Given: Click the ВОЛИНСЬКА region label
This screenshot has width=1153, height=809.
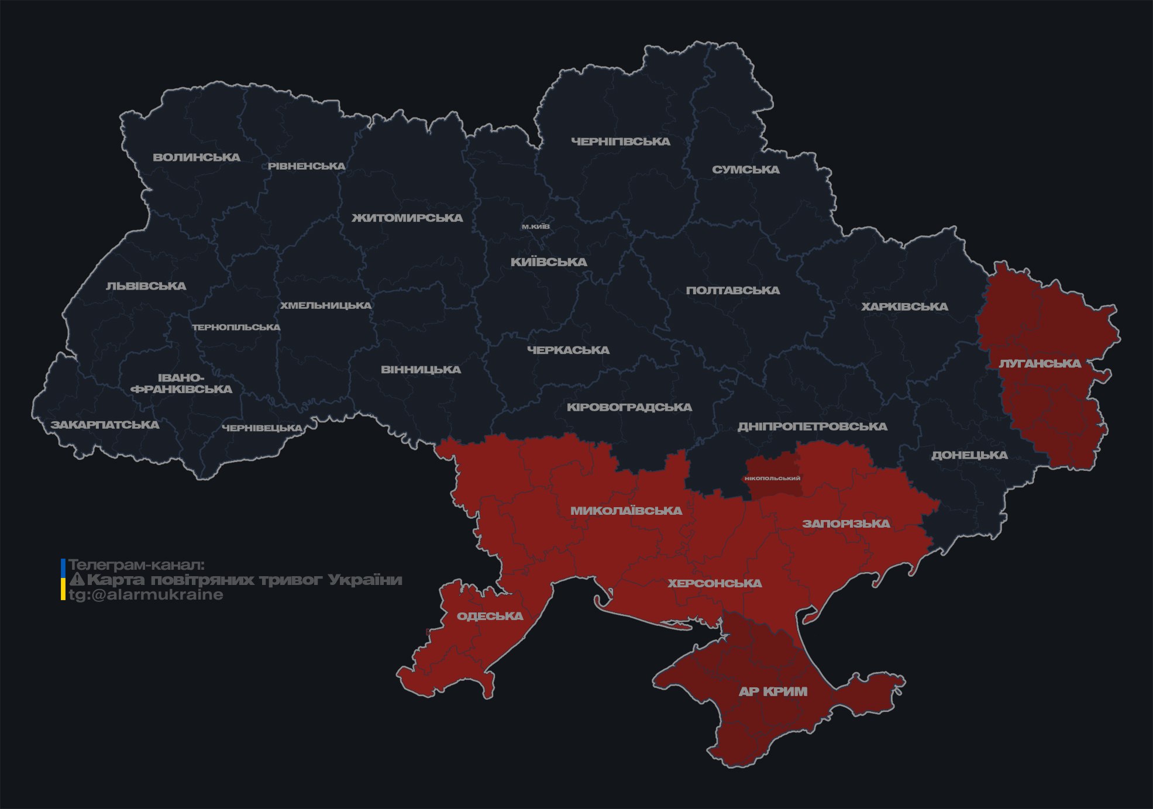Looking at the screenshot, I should click(x=197, y=157).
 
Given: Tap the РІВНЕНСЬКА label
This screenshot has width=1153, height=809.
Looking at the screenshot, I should click(x=307, y=166).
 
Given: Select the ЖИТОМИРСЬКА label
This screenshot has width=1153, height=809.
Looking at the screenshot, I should click(x=407, y=218).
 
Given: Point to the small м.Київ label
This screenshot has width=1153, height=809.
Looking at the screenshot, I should click(x=536, y=226).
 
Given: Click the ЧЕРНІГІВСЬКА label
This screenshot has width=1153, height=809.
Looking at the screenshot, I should click(x=621, y=142).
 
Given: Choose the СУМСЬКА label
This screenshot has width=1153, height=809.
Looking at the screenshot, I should click(x=746, y=170).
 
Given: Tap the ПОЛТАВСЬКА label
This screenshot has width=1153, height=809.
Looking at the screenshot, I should click(x=733, y=291).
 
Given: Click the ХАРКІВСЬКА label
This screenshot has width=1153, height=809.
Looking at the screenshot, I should click(x=904, y=307).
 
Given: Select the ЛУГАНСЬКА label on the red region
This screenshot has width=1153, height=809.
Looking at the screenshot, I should click(x=1040, y=364).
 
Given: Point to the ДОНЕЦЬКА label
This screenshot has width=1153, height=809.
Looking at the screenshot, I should click(x=969, y=455).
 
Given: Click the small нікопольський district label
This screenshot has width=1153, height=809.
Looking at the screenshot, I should click(x=772, y=478).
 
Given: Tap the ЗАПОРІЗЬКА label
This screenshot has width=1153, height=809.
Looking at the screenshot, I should click(x=846, y=524).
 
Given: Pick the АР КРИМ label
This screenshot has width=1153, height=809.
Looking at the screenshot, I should click(x=773, y=691).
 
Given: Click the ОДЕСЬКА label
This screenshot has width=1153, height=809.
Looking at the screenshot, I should click(x=490, y=616).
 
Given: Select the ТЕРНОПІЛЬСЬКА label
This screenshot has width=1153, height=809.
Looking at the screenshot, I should click(x=236, y=328).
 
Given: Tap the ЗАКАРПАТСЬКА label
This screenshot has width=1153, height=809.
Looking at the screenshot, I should click(x=105, y=425).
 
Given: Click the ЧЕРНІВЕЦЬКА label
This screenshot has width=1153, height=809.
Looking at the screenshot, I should click(x=262, y=428).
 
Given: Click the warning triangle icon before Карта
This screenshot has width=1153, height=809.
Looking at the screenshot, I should click(x=77, y=580).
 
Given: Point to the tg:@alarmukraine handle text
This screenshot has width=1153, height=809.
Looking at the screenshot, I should click(x=146, y=595).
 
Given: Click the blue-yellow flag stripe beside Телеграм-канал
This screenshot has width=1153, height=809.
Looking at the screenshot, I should click(x=63, y=580).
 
